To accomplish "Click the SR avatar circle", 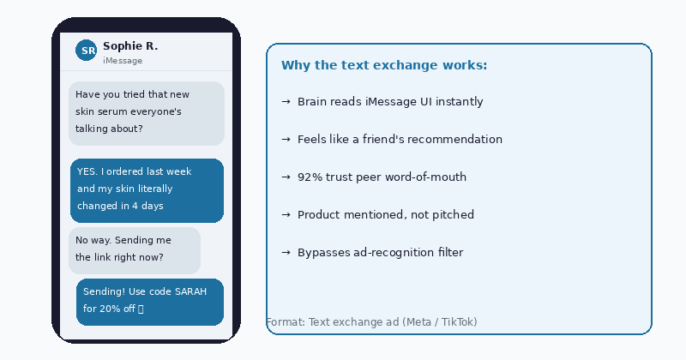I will click(87, 51).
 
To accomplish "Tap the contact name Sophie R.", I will click(130, 46).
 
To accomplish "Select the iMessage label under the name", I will click(123, 61).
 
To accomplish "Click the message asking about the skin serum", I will click(146, 112).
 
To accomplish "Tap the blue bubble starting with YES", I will click(147, 189).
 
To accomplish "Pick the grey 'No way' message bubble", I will click(135, 249).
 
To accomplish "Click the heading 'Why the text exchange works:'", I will click(384, 66).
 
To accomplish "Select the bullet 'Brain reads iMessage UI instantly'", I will click(390, 102).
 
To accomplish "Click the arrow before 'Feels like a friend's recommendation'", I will click(286, 140).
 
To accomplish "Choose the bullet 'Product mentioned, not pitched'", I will click(385, 215).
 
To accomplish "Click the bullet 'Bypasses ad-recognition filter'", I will click(380, 253).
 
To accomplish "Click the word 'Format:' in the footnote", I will click(285, 322).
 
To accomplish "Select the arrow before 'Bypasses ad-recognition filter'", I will click(286, 253).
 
